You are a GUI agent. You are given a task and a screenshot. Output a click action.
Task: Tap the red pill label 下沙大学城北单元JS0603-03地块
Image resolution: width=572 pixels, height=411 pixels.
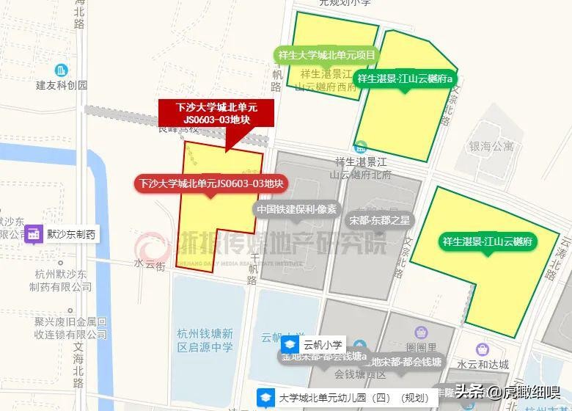point(211,183)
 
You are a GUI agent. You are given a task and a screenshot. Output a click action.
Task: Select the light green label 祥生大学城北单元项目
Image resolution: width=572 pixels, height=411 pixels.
point(327,55)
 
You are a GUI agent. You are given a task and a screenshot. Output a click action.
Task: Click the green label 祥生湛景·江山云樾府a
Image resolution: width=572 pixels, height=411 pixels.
point(406,78)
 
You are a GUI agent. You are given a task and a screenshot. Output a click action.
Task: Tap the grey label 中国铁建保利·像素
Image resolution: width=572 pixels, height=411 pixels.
point(297,209)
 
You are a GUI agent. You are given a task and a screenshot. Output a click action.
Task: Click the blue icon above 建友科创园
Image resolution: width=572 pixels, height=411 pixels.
point(62,70)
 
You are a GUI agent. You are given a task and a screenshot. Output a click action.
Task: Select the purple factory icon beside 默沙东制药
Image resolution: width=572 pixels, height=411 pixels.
point(33,234)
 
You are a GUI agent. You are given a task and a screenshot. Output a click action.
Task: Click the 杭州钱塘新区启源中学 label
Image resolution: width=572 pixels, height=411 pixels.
point(205,340)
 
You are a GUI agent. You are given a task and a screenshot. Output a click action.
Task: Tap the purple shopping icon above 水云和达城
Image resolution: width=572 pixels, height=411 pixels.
point(482,349)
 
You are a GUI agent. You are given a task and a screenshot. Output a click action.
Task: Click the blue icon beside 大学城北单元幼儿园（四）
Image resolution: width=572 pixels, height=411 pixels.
point(265,398)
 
